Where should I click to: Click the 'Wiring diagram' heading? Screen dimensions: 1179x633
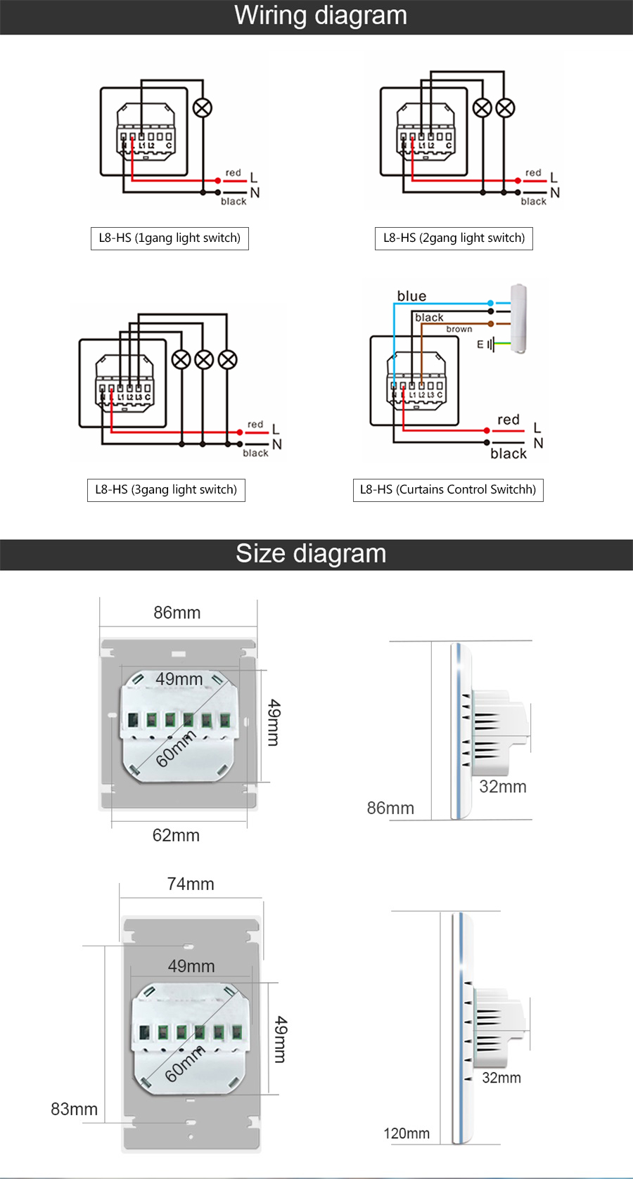(321, 15)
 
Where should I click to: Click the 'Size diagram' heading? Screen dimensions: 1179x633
(311, 553)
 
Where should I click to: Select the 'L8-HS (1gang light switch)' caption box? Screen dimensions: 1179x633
(170, 238)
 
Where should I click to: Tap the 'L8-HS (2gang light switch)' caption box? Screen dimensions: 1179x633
(454, 238)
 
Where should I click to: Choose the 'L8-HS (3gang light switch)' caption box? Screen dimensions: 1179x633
(166, 490)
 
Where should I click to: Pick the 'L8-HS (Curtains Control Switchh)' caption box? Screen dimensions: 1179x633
(448, 490)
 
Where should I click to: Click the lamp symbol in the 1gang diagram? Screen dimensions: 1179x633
(203, 108)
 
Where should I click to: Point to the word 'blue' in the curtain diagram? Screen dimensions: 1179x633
(411, 296)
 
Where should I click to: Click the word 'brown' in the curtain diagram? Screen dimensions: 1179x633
(459, 329)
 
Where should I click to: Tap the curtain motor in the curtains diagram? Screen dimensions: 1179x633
(519, 318)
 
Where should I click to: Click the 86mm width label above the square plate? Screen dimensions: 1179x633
(177, 613)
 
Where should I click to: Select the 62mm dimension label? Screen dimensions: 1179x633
(176, 835)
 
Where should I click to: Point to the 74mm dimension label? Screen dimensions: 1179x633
(191, 884)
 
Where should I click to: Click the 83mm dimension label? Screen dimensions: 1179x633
(74, 1109)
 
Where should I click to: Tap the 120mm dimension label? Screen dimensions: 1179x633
(407, 1133)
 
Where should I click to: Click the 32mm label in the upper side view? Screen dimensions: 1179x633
(503, 787)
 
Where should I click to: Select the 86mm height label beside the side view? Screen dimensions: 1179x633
(390, 808)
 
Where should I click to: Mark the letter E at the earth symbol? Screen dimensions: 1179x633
(480, 344)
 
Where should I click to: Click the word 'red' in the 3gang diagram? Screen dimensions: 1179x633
(255, 425)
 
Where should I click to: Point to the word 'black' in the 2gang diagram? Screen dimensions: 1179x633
(534, 202)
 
